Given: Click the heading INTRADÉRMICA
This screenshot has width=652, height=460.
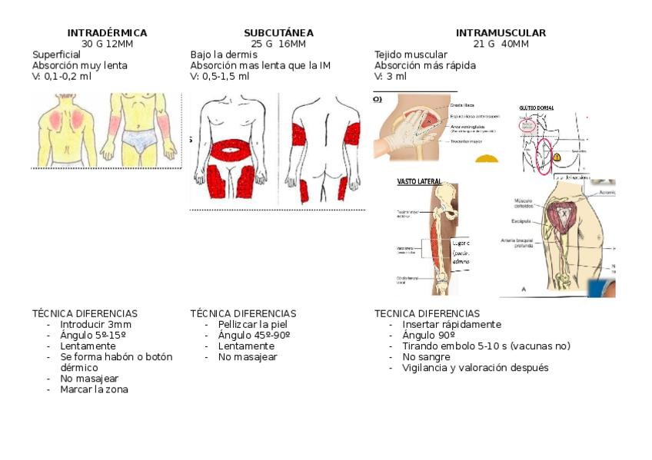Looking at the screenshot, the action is pyautogui.click(x=107, y=33).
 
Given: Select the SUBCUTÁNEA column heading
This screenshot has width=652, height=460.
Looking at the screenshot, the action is pyautogui.click(x=278, y=33).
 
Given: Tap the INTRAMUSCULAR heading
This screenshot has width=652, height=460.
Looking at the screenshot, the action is pyautogui.click(x=501, y=33).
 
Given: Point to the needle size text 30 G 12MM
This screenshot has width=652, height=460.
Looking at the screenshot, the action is pyautogui.click(x=107, y=44).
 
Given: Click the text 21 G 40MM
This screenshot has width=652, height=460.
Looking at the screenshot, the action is pyautogui.click(x=501, y=44).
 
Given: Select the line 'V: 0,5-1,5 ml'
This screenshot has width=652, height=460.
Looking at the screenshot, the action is pyautogui.click(x=220, y=76).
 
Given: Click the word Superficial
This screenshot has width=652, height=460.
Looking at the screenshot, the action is pyautogui.click(x=56, y=55).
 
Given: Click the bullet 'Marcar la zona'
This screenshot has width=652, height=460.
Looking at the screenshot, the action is pyautogui.click(x=94, y=389).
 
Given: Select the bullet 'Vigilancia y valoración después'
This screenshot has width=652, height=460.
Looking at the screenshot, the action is pyautogui.click(x=475, y=368).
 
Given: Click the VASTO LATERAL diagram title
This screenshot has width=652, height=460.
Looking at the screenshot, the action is pyautogui.click(x=418, y=183).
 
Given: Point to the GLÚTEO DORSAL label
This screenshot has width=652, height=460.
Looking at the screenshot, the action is pyautogui.click(x=537, y=108).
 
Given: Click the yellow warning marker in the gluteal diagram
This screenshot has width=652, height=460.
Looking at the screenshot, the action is pyautogui.click(x=557, y=156).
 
